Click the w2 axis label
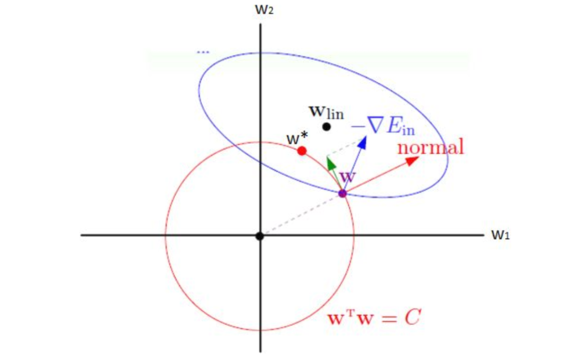pyautogui.click(x=264, y=10)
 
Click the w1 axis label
pyautogui.click(x=500, y=235)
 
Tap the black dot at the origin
pyautogui.click(x=260, y=236)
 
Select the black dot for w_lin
pyautogui.click(x=327, y=127)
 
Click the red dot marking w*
pyautogui.click(x=302, y=151)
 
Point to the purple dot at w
pyautogui.click(x=343, y=193)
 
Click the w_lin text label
pyautogui.click(x=327, y=113)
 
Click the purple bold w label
pyautogui.click(x=348, y=177)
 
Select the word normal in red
pyautogui.click(x=431, y=146)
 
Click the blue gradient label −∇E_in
pyautogui.click(x=383, y=126)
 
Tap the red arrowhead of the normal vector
pyautogui.click(x=412, y=161)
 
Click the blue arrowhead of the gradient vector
pyautogui.click(x=363, y=142)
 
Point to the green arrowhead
pyautogui.click(x=331, y=163)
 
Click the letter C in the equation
pyautogui.click(x=413, y=317)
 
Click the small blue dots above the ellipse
pyautogui.click(x=203, y=52)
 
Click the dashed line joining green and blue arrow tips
pyautogui.click(x=345, y=148)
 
